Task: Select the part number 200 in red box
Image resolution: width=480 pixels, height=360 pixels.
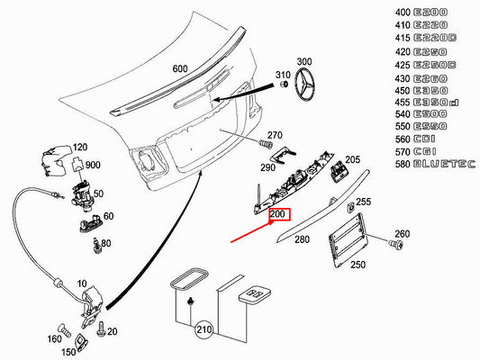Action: [x=277, y=216]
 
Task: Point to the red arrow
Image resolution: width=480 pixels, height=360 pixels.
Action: [x=253, y=232]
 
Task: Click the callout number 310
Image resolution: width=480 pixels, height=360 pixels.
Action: [x=280, y=74]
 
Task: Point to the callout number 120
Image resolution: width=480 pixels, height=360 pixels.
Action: [x=80, y=148]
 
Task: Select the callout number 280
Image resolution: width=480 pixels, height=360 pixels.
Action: [x=301, y=239]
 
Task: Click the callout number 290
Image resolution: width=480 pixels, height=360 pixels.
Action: [x=268, y=167]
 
